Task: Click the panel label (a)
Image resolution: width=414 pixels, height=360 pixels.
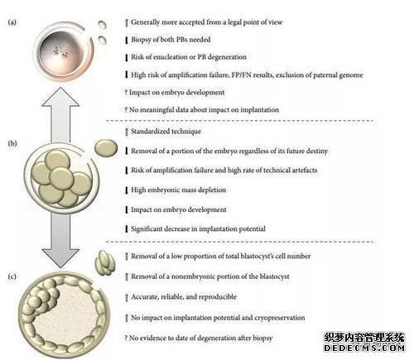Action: point(12,22)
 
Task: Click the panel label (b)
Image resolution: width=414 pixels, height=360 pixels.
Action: point(12,143)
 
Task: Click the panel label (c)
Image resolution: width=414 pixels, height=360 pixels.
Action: point(12,276)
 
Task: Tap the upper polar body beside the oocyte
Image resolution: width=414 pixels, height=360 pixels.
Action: point(103,25)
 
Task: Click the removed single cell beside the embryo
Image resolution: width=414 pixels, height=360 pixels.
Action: point(106,148)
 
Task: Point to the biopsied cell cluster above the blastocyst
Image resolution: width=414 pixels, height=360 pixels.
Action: point(105,263)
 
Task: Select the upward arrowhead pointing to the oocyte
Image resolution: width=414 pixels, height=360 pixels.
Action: point(60,97)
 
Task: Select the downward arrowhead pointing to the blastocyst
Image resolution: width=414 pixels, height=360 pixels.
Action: point(60,258)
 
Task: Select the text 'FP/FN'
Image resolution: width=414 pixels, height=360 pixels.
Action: point(241,74)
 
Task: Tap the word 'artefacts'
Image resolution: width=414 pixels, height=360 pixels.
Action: point(304,170)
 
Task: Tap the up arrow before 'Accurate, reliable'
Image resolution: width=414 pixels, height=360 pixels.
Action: point(127,297)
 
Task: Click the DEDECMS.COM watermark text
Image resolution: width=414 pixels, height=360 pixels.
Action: point(364,348)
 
